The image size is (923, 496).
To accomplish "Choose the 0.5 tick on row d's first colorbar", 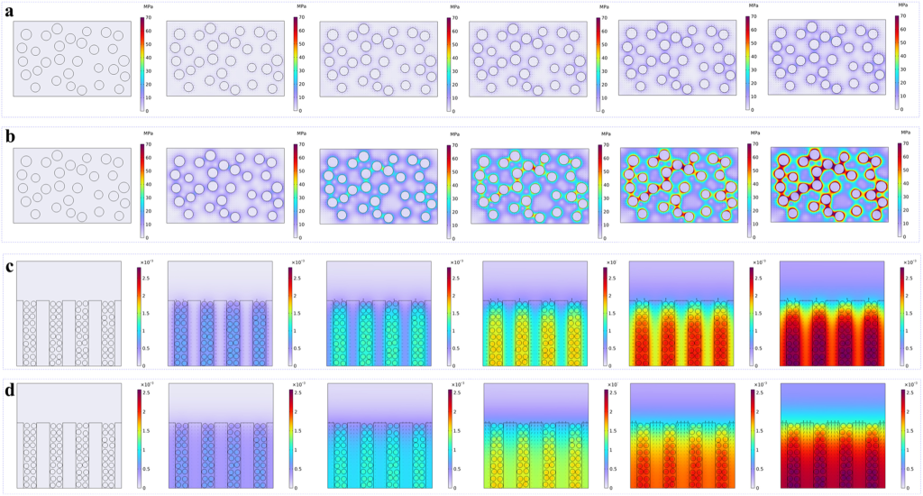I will [148, 471].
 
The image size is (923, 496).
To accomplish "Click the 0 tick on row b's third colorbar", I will [454, 237].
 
